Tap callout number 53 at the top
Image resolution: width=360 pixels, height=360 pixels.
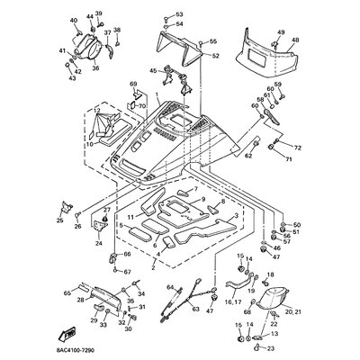(x=178, y=15)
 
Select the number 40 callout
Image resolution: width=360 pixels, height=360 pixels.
(x=73, y=20)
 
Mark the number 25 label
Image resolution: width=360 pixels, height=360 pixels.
(x=59, y=220)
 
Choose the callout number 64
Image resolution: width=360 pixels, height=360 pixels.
(x=167, y=288)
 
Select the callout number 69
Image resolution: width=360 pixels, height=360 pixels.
(x=133, y=85)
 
